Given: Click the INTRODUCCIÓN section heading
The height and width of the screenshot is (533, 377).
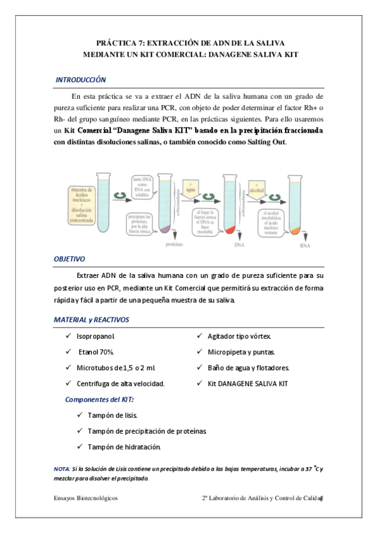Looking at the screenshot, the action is tap(81, 80).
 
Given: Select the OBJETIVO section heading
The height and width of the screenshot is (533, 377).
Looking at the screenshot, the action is tap(69, 258).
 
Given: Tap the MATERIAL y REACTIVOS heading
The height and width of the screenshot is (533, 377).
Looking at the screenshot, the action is tap(91, 320).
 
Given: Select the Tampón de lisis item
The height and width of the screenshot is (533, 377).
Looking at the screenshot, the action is tap(112, 415).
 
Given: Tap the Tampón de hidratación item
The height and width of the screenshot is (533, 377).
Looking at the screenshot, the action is tap(124, 447).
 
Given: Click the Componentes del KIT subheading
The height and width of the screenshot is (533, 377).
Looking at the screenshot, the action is tap(99, 399).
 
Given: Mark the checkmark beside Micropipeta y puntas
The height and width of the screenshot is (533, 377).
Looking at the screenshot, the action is tap(200, 352).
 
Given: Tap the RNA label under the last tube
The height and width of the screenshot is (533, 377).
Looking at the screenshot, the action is tap(305, 246).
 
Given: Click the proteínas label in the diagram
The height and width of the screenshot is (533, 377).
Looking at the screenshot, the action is tap(174, 244).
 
